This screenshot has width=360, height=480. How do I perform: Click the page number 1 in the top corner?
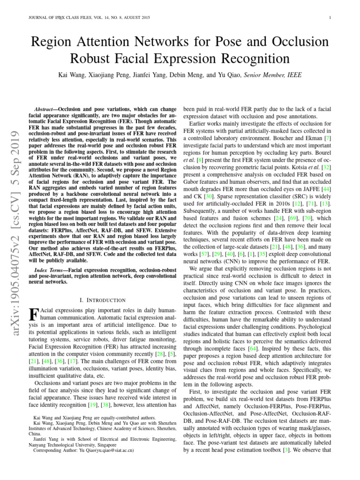click(330, 18)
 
